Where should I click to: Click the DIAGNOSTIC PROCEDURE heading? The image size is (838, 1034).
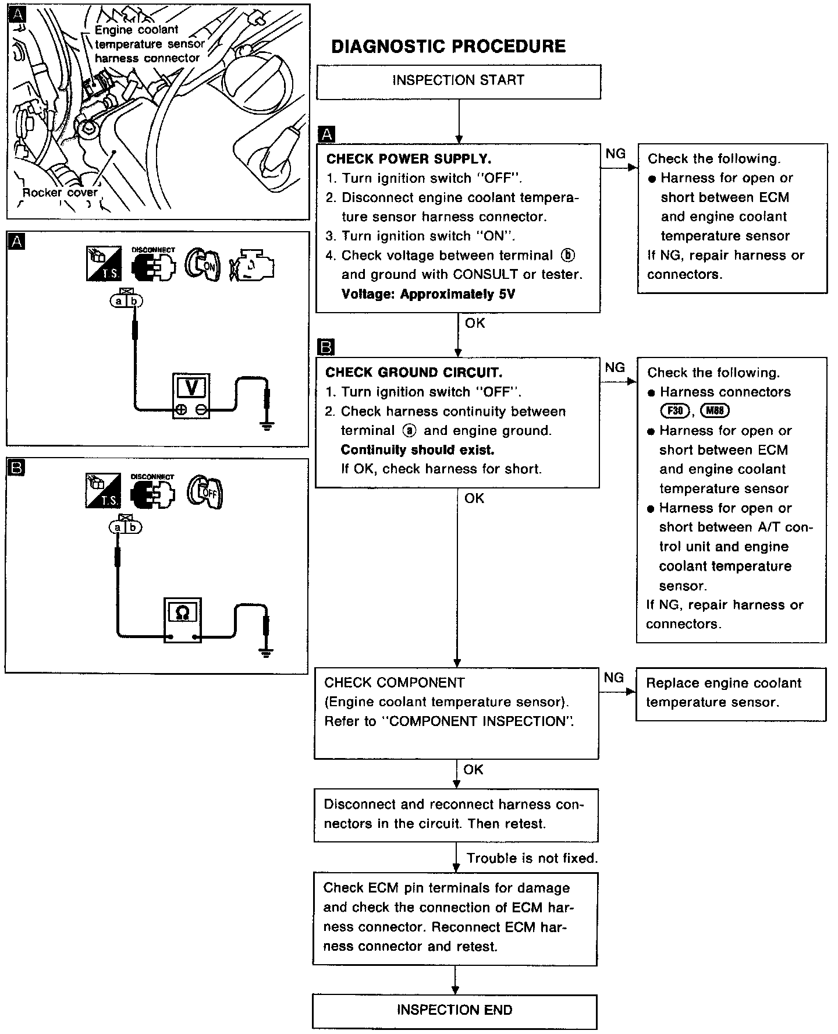448,47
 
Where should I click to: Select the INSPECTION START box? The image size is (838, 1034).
458,80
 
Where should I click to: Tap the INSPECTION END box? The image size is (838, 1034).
454,1010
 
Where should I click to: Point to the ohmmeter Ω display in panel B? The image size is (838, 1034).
182,612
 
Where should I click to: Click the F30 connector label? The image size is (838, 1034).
674,411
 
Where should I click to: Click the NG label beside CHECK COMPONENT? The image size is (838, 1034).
614,678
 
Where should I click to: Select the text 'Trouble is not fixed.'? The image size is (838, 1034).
532,858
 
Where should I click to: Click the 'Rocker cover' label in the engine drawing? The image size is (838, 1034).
60,192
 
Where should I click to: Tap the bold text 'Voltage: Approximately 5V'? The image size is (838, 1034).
428,294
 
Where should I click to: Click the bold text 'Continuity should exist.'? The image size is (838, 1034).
417,450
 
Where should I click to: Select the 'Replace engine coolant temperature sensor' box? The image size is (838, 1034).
730,693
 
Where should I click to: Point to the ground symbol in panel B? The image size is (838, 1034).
267,653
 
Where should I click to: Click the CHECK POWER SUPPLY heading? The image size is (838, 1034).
409,159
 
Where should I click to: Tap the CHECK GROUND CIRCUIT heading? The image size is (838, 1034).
414,373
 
